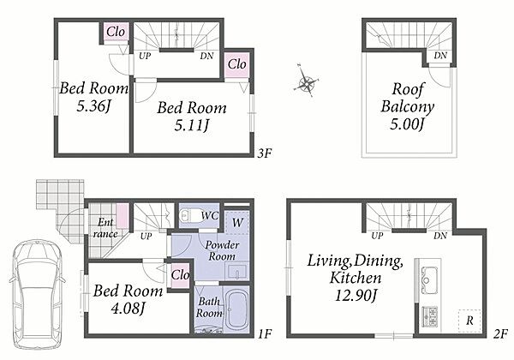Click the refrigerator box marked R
[469, 321]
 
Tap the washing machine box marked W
[237, 223]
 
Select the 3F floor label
[264, 153]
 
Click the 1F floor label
[265, 334]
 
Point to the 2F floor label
[500, 334]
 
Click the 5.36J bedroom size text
[93, 106]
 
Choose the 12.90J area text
[356, 295]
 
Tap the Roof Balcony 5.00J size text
[407, 124]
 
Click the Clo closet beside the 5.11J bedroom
[236, 64]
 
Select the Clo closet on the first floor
[180, 275]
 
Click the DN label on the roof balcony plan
[440, 56]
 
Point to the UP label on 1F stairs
[146, 236]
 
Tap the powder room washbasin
[237, 272]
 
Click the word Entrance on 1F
[105, 228]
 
